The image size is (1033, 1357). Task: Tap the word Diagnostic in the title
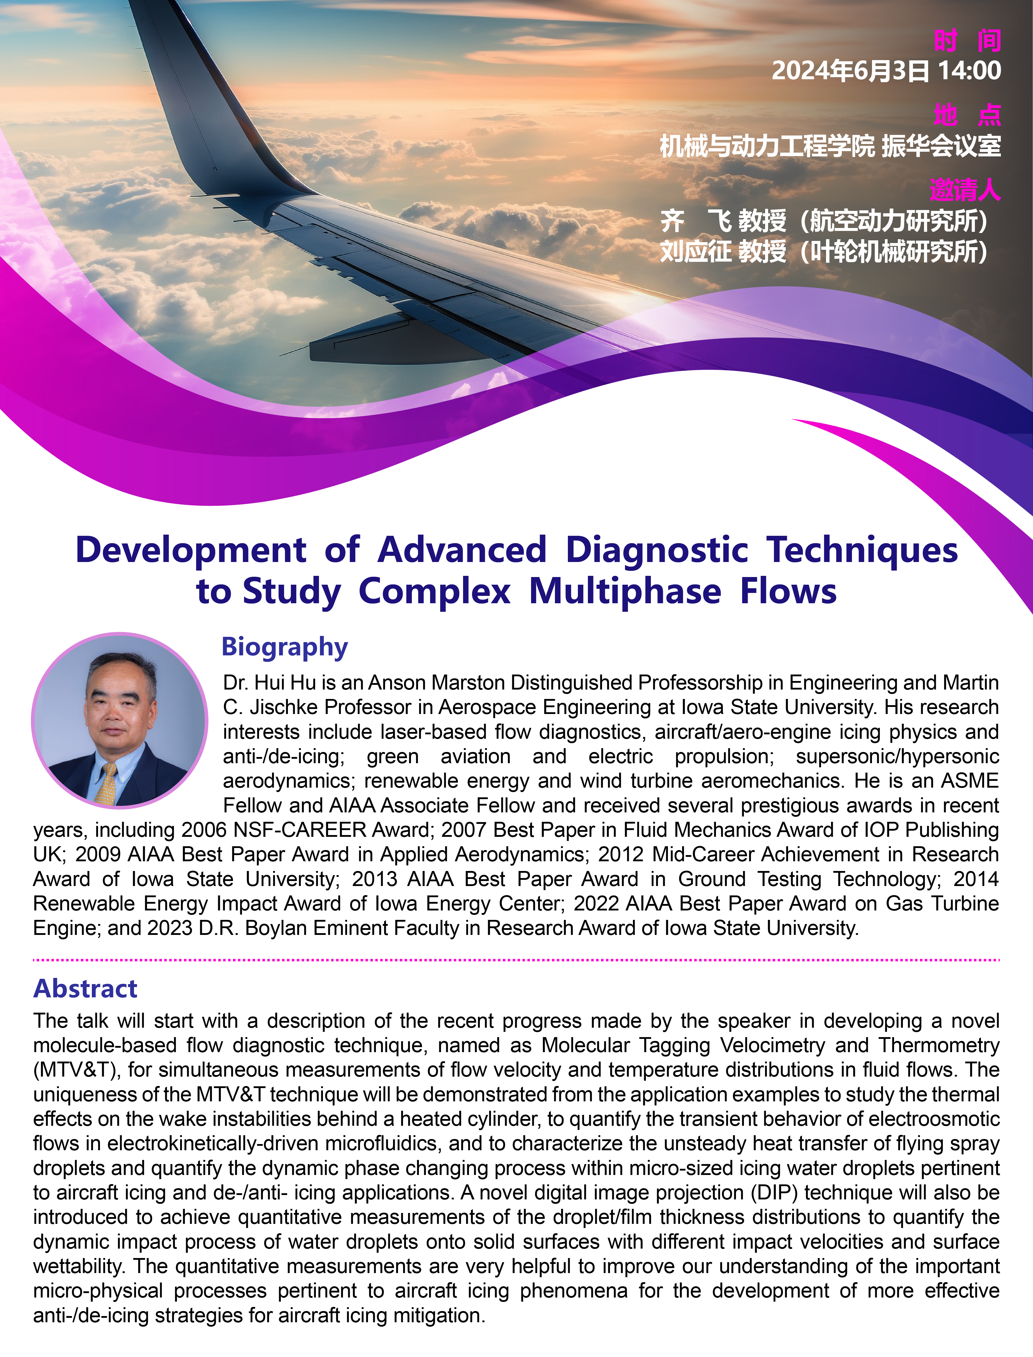[x=657, y=550]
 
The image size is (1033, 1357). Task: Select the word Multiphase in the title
[x=625, y=592]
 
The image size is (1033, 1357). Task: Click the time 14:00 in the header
[x=969, y=71]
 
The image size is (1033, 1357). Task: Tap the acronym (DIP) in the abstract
[x=774, y=1192]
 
